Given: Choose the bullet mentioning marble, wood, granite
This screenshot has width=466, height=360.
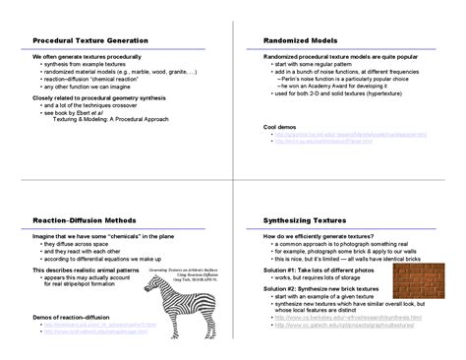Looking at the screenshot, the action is pos(120,72).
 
